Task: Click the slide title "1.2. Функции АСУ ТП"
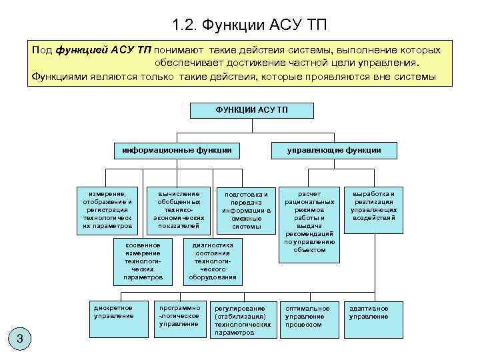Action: pyautogui.click(x=249, y=27)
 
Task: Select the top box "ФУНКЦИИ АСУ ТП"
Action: pyautogui.click(x=251, y=110)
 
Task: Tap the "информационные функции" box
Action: pyautogui.click(x=177, y=151)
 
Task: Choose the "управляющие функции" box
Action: pyautogui.click(x=334, y=151)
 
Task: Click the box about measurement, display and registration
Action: pyautogui.click(x=107, y=209)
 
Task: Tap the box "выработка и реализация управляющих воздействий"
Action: pyautogui.click(x=373, y=208)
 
